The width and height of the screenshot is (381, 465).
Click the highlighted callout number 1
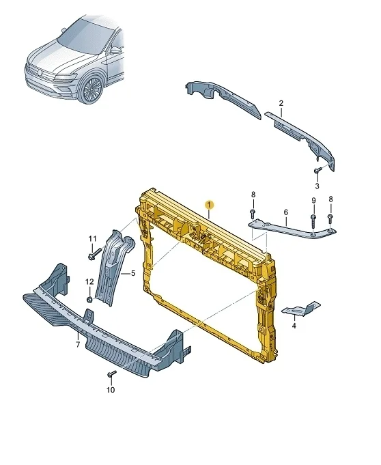pyautogui.click(x=210, y=205)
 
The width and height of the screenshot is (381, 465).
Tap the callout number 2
pyautogui.click(x=281, y=103)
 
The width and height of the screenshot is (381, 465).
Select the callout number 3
pyautogui.click(x=317, y=186)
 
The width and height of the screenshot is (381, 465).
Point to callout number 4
pyautogui.click(x=294, y=326)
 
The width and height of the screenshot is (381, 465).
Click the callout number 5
pyautogui.click(x=133, y=273)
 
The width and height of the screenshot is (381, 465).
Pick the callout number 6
pyautogui.click(x=285, y=212)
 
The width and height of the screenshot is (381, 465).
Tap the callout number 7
pyautogui.click(x=78, y=345)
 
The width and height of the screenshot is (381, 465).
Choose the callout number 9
pyautogui.click(x=313, y=201)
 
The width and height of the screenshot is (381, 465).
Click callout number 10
pyautogui.click(x=111, y=390)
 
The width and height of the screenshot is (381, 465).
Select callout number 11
pyautogui.click(x=92, y=239)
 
